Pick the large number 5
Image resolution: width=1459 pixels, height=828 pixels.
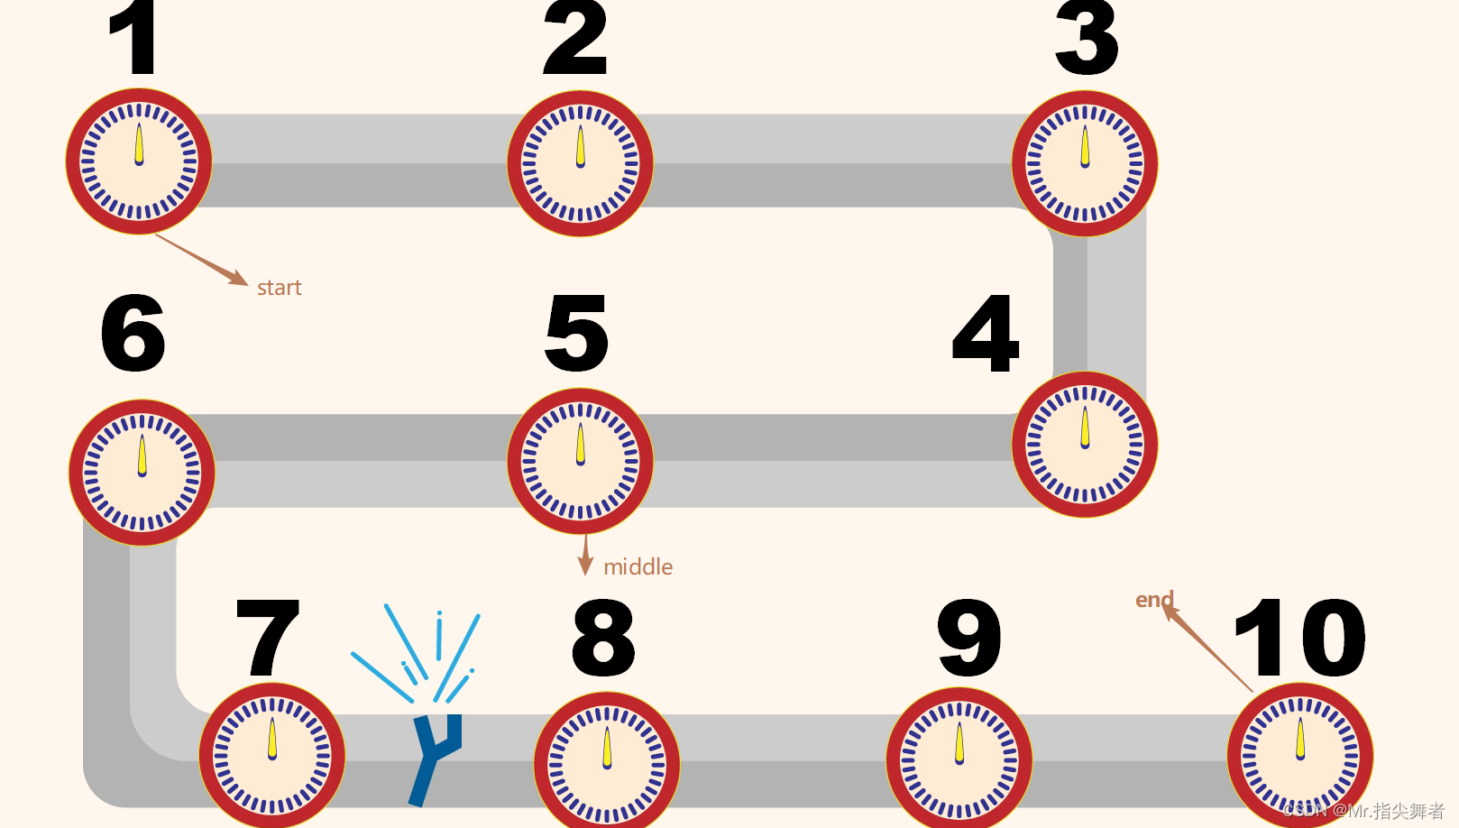[x=577, y=333]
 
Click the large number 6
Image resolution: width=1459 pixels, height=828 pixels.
[x=133, y=333]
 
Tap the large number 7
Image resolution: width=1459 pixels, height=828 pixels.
[x=267, y=637]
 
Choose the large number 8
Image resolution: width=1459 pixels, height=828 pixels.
[x=603, y=637]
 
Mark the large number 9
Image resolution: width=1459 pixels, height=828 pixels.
[x=969, y=637]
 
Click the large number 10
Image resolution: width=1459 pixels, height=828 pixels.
[x=1299, y=637]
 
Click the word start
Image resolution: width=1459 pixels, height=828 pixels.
[x=279, y=288]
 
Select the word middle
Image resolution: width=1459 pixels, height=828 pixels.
[x=638, y=567]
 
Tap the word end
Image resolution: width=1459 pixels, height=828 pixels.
[x=1153, y=600]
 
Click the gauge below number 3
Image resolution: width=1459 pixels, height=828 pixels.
[x=1085, y=163]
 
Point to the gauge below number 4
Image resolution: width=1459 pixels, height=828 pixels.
[x=1085, y=445]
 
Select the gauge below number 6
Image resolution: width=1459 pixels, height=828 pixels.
[x=142, y=473]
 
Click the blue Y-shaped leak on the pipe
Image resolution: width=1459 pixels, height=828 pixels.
[x=434, y=753]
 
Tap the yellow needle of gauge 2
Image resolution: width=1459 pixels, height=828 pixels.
[x=580, y=147]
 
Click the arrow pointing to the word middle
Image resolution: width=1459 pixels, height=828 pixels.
[x=585, y=556]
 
